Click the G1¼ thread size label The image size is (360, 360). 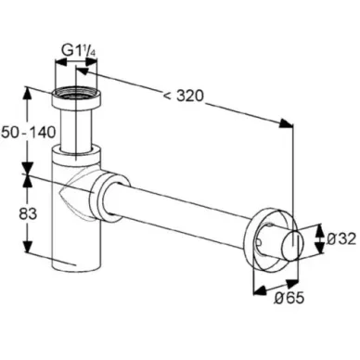pos(79,50)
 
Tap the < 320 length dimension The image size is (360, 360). pos(184,96)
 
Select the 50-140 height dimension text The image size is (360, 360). pos(29,133)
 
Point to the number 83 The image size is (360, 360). pos(28,213)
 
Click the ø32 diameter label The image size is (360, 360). pos(341,238)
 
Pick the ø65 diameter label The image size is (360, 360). pos(289,298)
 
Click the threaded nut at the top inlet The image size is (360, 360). pos(76,96)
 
